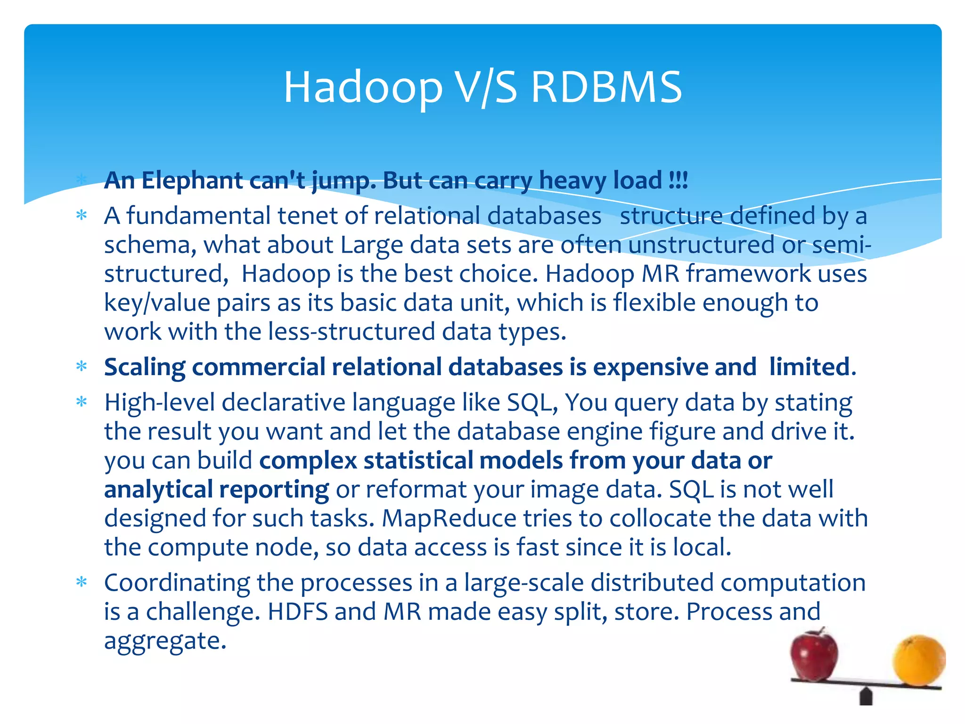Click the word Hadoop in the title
[363, 88]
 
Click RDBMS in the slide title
[606, 88]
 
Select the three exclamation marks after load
[679, 181]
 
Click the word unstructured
[702, 245]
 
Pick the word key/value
[157, 303]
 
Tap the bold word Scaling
[145, 368]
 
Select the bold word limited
[810, 367]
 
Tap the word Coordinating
[177, 583]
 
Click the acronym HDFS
[297, 612]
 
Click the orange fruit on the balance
[918, 661]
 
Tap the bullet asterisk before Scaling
[82, 367]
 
